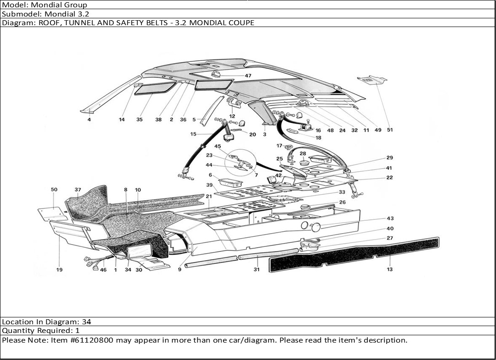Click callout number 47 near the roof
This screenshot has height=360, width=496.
pyautogui.click(x=248, y=76)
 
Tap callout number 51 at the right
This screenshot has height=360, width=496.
pyautogui.click(x=390, y=130)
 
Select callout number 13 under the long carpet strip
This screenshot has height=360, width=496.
pyautogui.click(x=390, y=269)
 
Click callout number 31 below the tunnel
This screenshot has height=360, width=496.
pyautogui.click(x=256, y=269)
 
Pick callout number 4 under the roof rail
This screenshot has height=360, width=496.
pyautogui.click(x=89, y=120)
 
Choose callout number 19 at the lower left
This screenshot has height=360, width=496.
pyautogui.click(x=59, y=270)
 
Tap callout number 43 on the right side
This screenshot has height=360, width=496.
pyautogui.click(x=390, y=218)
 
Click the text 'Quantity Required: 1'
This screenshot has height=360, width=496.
pyautogui.click(x=41, y=331)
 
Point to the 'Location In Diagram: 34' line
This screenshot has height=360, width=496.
pyautogui.click(x=47, y=322)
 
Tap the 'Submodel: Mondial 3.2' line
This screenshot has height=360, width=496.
pyautogui.click(x=45, y=14)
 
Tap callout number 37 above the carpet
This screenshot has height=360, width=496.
pyautogui.click(x=78, y=190)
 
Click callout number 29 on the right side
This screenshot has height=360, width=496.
pyautogui.click(x=390, y=158)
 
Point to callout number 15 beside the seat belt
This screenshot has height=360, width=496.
pyautogui.click(x=193, y=134)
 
